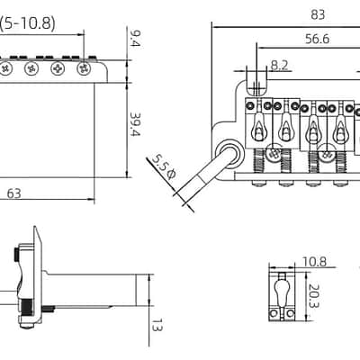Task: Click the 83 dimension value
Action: tap(318, 14)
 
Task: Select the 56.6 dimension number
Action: tap(317, 39)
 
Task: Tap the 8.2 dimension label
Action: tap(279, 65)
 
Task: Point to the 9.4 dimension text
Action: tap(135, 39)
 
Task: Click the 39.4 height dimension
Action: tap(135, 124)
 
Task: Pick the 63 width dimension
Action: tap(14, 193)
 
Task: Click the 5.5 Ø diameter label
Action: tap(163, 166)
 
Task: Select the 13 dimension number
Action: tap(157, 325)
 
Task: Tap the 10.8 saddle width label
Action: tap(314, 262)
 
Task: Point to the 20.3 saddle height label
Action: tap(314, 296)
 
